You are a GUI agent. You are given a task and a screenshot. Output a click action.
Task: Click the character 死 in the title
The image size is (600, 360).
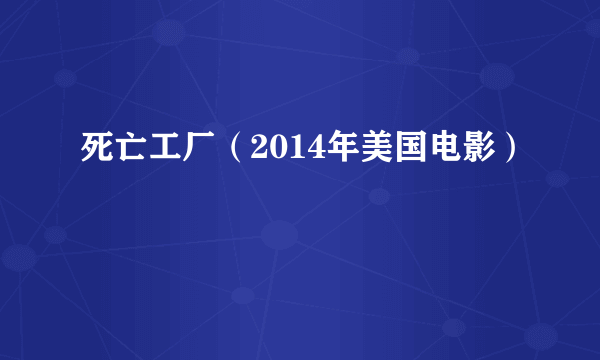coord(96,151)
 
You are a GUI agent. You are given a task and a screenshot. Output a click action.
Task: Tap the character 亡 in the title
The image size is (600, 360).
coord(130,151)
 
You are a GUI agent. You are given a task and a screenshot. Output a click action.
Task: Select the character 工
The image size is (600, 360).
coord(164,151)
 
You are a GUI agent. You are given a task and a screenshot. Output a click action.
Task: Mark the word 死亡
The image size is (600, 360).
coord(113,151)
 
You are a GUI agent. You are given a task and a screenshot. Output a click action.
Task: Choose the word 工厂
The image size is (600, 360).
coord(181,151)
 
